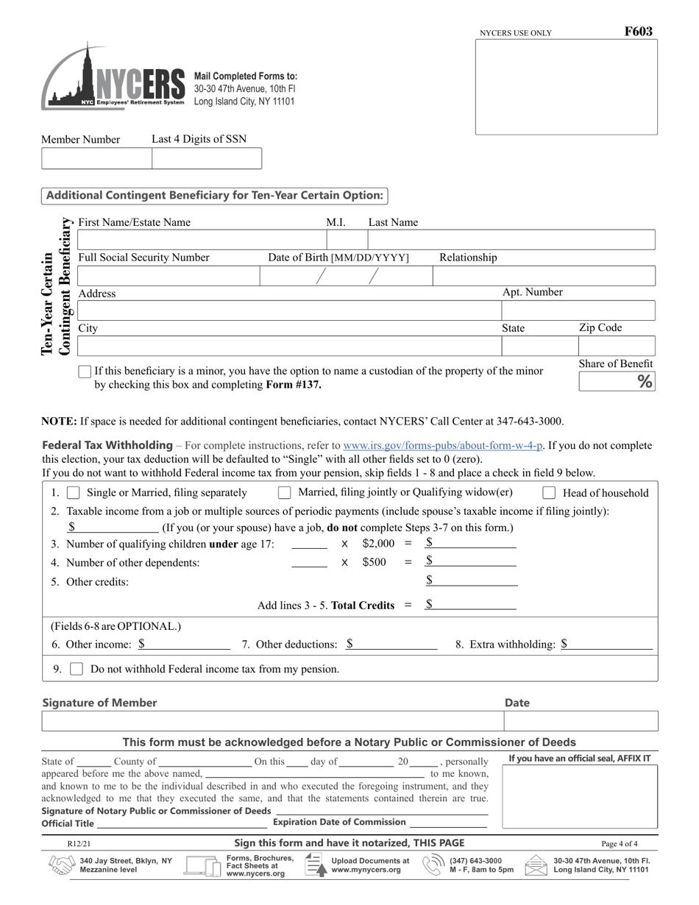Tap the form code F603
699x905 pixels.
pyautogui.click(x=638, y=32)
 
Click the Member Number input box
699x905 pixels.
pyautogui.click(x=96, y=158)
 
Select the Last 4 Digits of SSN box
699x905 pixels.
pyautogui.click(x=207, y=158)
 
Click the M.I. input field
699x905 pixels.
pyautogui.click(x=347, y=240)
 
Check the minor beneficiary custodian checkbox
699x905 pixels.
pyautogui.click(x=85, y=372)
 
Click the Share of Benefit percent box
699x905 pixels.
pyautogui.click(x=616, y=381)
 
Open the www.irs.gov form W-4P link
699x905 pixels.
pyautogui.click(x=443, y=445)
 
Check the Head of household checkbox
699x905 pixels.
pyautogui.click(x=549, y=493)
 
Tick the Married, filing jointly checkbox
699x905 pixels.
pyautogui.click(x=285, y=492)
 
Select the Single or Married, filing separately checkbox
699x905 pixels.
pyautogui.click(x=74, y=492)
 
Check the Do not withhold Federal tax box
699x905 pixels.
pyautogui.click(x=77, y=669)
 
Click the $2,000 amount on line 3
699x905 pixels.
pyautogui.click(x=378, y=544)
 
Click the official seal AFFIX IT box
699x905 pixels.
pyautogui.click(x=580, y=796)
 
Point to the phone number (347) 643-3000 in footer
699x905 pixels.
pyautogui.click(x=475, y=860)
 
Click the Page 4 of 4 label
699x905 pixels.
pyautogui.click(x=619, y=844)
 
